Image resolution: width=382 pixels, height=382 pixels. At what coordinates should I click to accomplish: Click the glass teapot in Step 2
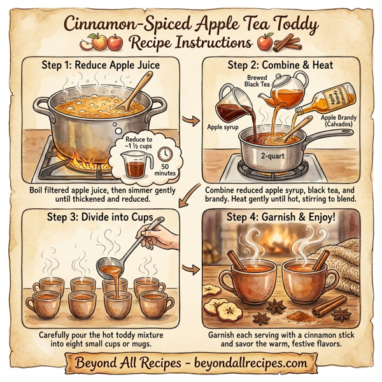283,89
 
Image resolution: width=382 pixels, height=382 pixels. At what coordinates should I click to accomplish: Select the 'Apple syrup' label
223,127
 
